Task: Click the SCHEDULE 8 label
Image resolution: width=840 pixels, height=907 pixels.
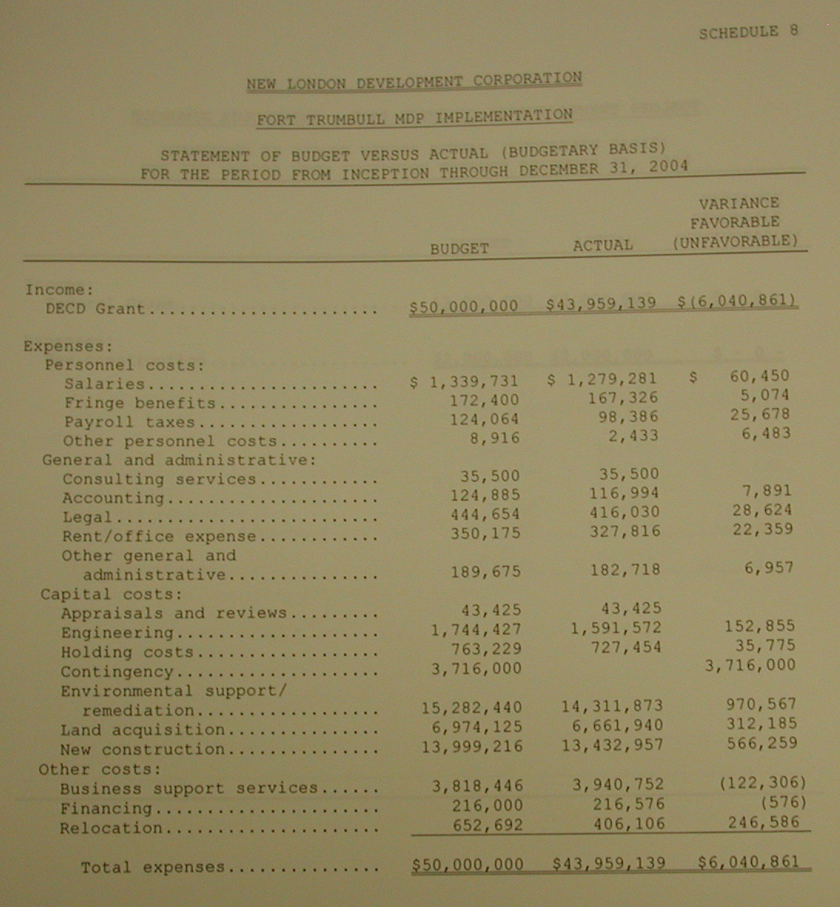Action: (748, 32)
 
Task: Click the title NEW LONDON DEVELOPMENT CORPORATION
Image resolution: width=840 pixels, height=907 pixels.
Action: (414, 81)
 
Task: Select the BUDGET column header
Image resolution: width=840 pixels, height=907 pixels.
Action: (459, 249)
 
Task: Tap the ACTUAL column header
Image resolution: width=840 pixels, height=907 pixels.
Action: (603, 246)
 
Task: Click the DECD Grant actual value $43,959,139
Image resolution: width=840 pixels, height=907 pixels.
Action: (601, 304)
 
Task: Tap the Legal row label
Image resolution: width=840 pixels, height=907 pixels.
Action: (87, 517)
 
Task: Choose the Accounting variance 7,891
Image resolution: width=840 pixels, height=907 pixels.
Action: (768, 490)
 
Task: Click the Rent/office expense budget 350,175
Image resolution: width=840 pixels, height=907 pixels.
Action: (485, 533)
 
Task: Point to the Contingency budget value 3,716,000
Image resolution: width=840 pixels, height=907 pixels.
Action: (476, 668)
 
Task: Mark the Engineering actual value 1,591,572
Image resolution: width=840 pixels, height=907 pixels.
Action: (615, 628)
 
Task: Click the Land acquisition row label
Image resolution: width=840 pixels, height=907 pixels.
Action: (142, 730)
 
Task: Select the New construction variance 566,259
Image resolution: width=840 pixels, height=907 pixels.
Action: (761, 744)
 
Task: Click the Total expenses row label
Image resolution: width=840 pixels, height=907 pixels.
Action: (152, 867)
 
